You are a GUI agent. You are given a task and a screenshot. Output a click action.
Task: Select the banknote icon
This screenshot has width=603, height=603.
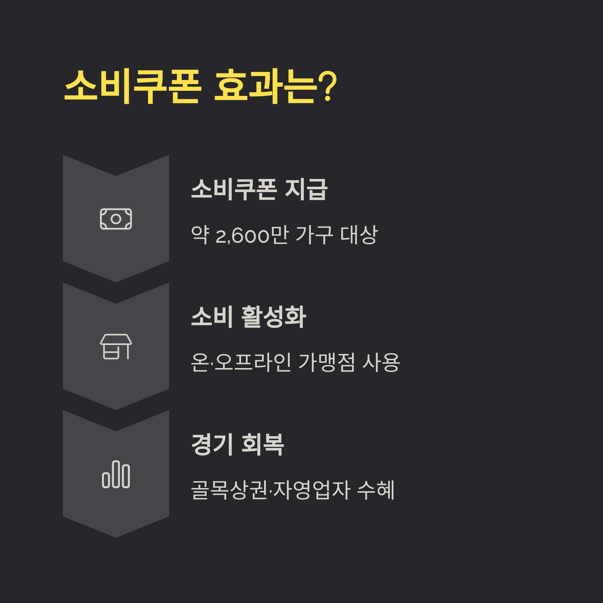tap(116, 219)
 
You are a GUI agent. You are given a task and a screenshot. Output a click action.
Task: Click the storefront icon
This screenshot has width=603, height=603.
tap(116, 346)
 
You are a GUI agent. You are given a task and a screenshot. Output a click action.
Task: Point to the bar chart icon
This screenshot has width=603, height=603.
tap(116, 474)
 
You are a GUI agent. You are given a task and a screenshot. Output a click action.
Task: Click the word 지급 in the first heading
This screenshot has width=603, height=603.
tap(306, 189)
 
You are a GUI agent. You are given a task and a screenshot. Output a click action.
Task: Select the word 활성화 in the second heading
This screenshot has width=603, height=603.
tap(274, 317)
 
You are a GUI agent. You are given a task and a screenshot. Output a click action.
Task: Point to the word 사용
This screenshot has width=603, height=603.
tap(381, 362)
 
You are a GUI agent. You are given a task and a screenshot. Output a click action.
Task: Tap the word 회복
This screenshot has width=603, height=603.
tap(263, 444)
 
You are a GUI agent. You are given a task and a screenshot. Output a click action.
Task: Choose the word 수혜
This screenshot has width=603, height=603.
tap(376, 490)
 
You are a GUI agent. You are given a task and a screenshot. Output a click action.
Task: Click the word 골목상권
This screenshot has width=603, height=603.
tap(229, 490)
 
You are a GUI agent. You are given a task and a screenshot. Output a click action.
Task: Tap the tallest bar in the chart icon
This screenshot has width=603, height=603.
tap(116, 474)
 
